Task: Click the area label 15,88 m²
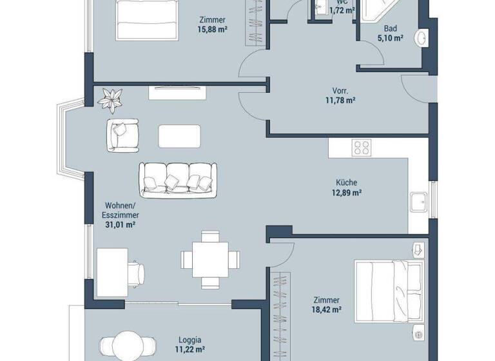(212, 30)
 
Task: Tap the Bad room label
(390, 28)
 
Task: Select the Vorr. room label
(340, 90)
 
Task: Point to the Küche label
(346, 182)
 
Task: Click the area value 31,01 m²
(121, 225)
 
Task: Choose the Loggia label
(189, 340)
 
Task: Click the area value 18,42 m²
(327, 310)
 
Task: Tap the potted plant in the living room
(112, 99)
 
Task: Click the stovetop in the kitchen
(361, 148)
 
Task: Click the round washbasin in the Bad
(423, 39)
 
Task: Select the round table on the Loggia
(126, 346)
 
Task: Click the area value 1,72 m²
(342, 10)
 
